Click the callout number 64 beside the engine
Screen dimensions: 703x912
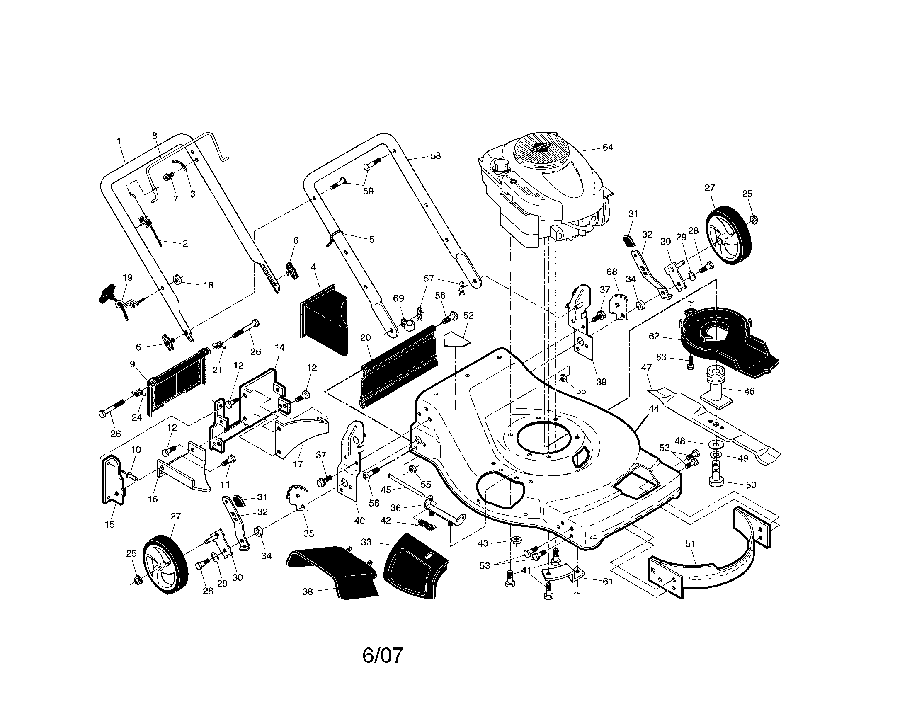608,148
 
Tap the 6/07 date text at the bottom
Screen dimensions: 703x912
383,655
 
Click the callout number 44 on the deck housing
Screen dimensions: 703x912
653,409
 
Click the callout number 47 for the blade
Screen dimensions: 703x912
646,368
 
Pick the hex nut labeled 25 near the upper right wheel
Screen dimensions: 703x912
754,219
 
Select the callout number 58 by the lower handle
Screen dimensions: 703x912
435,156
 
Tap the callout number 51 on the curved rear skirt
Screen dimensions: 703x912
690,543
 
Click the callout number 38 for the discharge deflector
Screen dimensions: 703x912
307,591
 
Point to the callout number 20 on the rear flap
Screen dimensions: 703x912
365,337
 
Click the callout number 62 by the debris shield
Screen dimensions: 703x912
654,336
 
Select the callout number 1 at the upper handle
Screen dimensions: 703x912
119,141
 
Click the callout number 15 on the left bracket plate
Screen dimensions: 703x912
109,524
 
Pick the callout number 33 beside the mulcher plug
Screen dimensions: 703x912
366,542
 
